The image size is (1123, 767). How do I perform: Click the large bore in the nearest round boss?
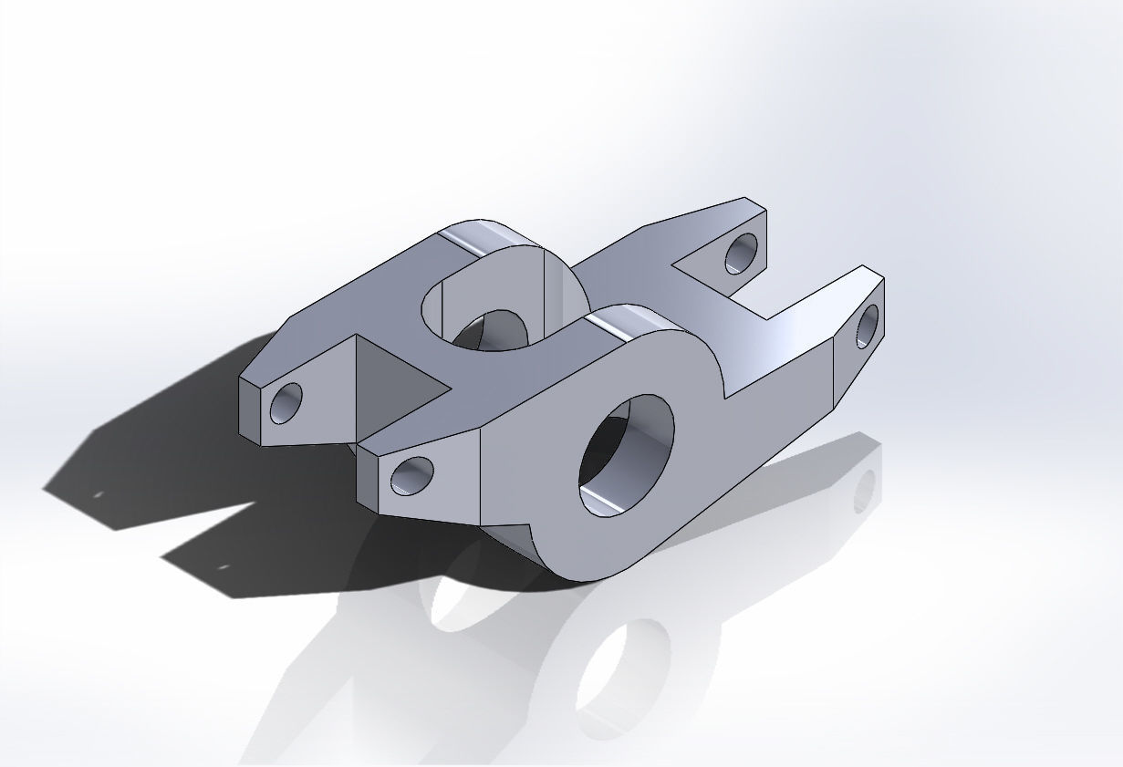626,453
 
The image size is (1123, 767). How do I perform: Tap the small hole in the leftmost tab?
286,402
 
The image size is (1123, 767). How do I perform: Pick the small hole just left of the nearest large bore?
411,475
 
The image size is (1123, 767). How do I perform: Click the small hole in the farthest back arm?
742,253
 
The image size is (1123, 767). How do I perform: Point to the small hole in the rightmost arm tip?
867,326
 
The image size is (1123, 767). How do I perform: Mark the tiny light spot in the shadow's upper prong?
99,494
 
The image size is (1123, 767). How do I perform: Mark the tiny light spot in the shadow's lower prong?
223,567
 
